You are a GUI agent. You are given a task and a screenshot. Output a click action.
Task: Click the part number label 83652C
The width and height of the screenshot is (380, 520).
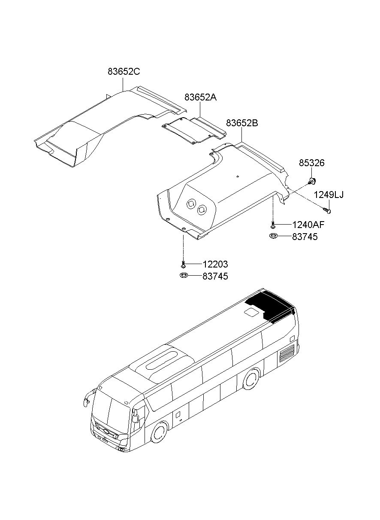pyautogui.click(x=124, y=72)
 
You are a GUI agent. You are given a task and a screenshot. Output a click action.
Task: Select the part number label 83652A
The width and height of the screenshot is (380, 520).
pyautogui.click(x=201, y=97)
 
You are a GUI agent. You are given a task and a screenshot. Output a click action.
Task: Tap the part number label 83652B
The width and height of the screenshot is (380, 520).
pyautogui.click(x=242, y=123)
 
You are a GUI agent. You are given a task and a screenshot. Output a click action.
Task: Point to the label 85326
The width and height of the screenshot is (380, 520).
pyautogui.click(x=312, y=163)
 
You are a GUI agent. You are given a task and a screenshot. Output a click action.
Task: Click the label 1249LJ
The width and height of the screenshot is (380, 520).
pyautogui.click(x=329, y=195)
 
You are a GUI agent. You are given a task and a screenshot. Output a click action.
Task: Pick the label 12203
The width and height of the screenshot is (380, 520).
pyautogui.click(x=215, y=264)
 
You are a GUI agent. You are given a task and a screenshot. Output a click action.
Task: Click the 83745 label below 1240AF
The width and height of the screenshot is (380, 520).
pyautogui.click(x=305, y=236)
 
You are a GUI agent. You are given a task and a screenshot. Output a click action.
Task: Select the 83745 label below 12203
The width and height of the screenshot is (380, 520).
pyautogui.click(x=215, y=276)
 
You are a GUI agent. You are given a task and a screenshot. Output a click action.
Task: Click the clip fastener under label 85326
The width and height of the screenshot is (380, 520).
pyautogui.click(x=312, y=180)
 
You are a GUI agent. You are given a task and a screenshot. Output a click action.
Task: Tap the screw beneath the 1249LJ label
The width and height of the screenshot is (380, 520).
pyautogui.click(x=328, y=210)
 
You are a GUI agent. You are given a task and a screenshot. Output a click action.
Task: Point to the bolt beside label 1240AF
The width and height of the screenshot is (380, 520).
pyautogui.click(x=272, y=225)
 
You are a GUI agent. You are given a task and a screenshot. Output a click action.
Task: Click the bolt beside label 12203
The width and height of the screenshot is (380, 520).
pyautogui.click(x=183, y=264)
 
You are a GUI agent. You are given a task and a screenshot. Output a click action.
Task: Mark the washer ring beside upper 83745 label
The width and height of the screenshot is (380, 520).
pyautogui.click(x=273, y=236)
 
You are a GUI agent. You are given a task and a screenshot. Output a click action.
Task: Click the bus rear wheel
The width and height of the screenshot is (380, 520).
pyautogui.click(x=250, y=379)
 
